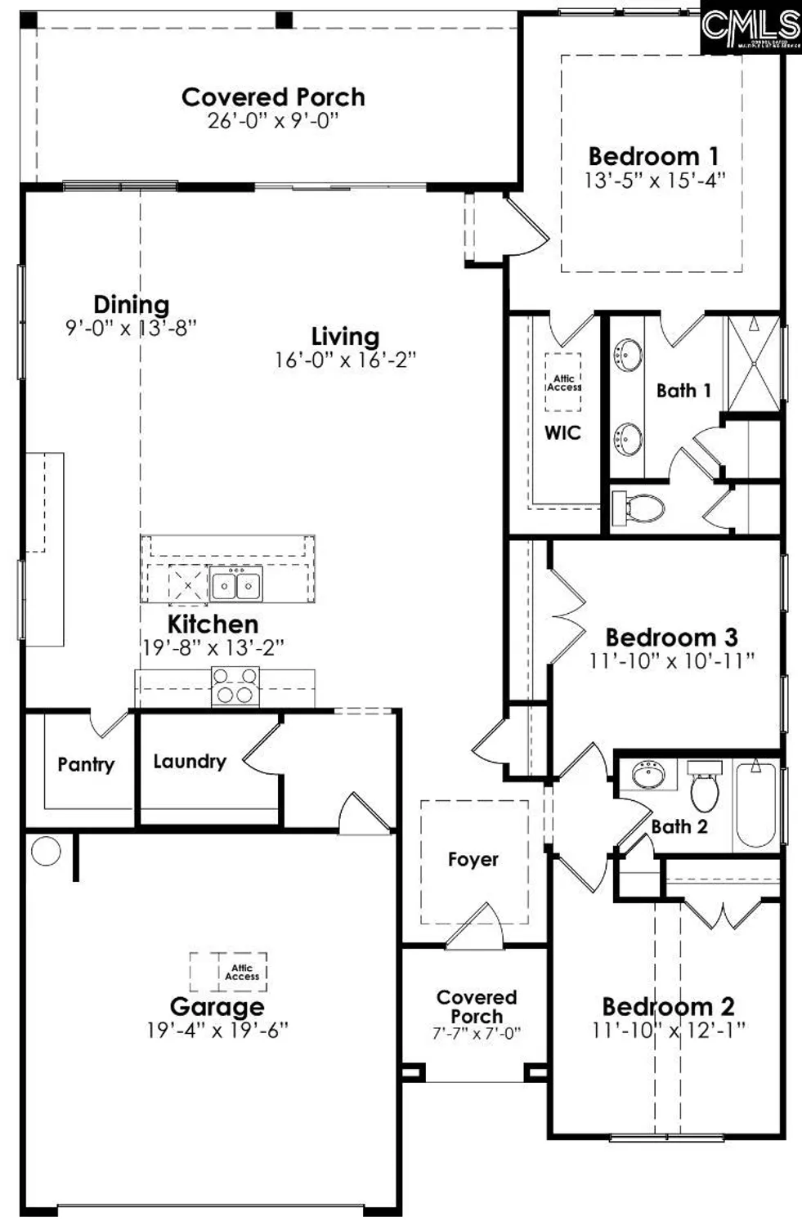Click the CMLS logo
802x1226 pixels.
pos(750,27)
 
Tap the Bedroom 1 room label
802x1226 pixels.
pos(654,156)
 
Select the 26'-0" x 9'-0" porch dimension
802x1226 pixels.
pos(273,121)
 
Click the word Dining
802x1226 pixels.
pos(132,305)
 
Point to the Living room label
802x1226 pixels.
pos(345,336)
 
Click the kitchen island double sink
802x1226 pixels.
pos(236,585)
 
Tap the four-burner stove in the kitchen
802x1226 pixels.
pos(235,686)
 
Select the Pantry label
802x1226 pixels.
pos(86,764)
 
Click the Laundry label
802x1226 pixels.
pos(190,761)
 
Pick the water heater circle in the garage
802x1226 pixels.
pos(46,851)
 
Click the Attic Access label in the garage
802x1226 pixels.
pos(242,972)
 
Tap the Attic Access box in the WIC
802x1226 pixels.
pos(563,382)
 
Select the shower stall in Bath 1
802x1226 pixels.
pos(754,364)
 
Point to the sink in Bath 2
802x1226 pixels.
pos(648,773)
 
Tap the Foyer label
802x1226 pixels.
pos(473,859)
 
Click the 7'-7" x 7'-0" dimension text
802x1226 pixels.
pos(477,1033)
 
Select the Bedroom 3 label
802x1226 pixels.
pos(671,637)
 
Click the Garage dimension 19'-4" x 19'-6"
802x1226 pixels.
pos(217,1030)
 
